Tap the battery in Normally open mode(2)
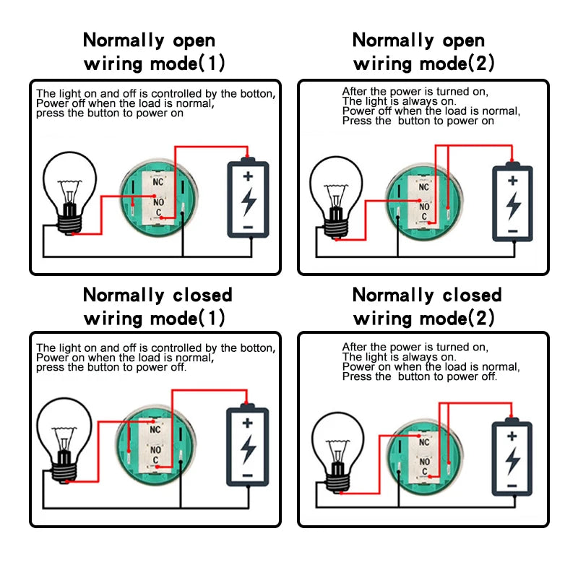coord(512,202)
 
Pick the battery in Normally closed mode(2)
coord(512,457)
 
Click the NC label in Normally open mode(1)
coord(158,182)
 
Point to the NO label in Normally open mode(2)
coord(424,207)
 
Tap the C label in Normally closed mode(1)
coord(155,460)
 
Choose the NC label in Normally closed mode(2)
coord(424,442)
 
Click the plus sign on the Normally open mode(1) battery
coord(248,176)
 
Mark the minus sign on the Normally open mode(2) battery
coord(513,231)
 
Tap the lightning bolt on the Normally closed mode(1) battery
coord(248,449)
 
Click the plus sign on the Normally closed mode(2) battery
coord(512,436)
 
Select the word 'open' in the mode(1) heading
coord(194,40)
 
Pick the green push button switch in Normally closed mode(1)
coord(155,445)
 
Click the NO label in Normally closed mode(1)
coord(155,449)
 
